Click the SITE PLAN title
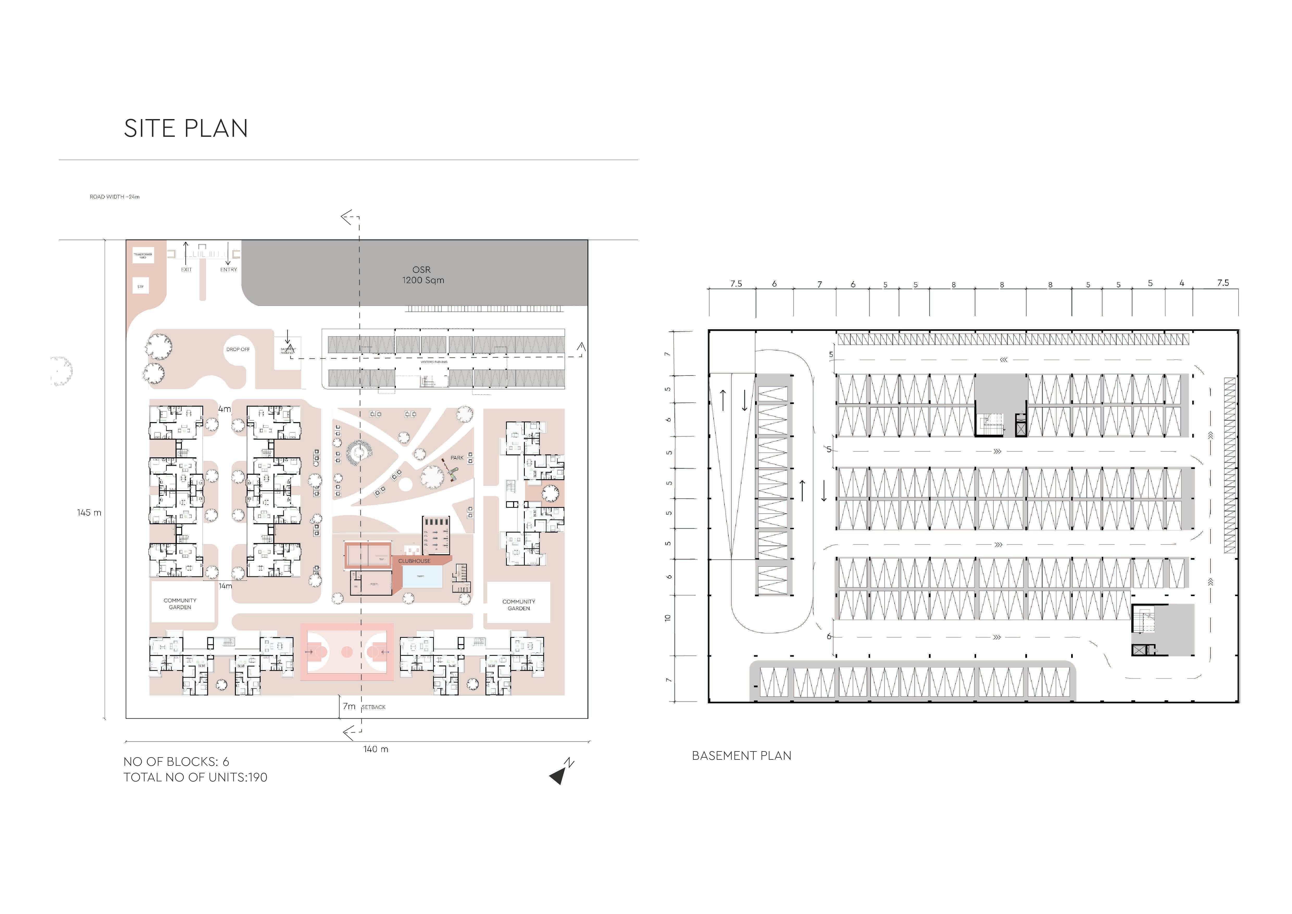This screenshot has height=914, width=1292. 186,129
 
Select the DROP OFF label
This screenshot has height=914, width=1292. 238,349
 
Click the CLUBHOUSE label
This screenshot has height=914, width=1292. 414,561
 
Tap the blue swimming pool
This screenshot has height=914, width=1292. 422,577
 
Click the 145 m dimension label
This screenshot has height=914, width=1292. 89,513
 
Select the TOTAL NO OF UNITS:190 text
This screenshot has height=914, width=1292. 195,778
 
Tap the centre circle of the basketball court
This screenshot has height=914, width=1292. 347,652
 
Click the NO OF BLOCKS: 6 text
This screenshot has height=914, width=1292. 176,762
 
